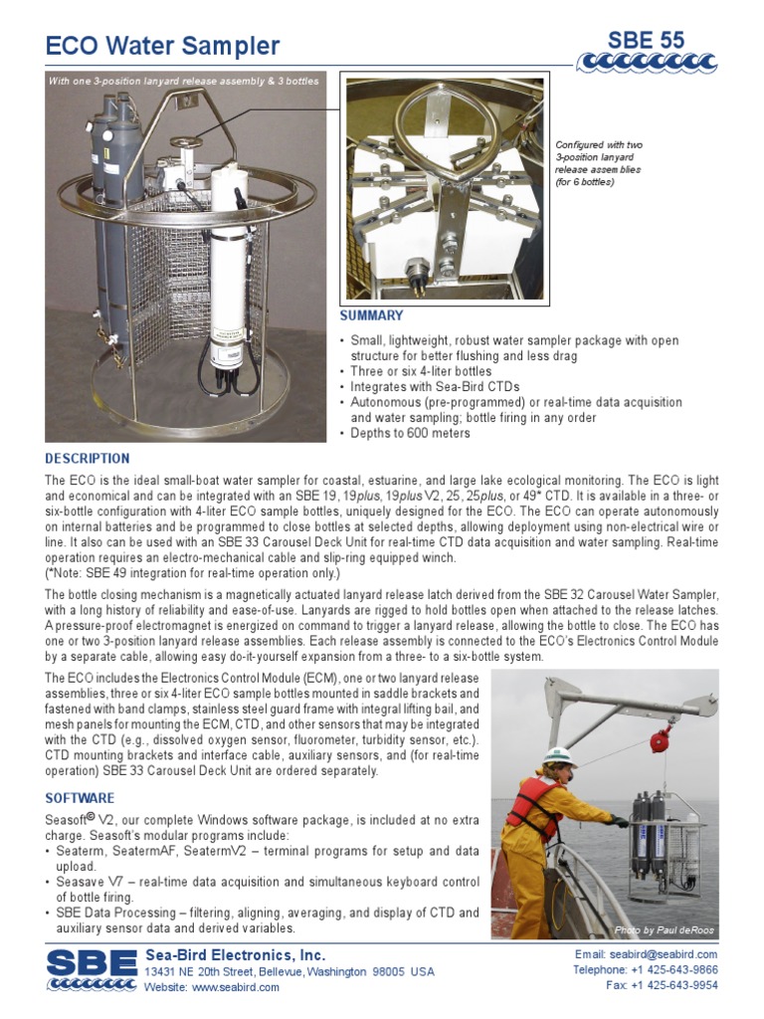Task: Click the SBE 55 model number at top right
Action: click(647, 40)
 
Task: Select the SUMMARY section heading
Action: click(372, 315)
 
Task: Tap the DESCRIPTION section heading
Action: click(88, 459)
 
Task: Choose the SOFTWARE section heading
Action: click(81, 798)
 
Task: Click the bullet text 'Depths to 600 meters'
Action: click(410, 433)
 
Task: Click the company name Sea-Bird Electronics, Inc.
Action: click(235, 955)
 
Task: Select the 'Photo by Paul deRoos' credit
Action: click(664, 930)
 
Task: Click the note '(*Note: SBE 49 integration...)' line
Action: click(193, 574)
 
